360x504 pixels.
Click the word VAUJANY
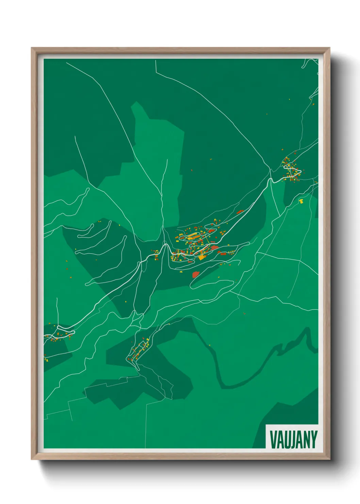point(293,440)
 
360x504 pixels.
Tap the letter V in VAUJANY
point(273,440)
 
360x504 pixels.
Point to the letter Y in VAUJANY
point(314,440)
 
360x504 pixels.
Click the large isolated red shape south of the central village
point(196,274)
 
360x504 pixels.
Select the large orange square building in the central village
point(202,257)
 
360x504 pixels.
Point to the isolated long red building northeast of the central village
point(240,211)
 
